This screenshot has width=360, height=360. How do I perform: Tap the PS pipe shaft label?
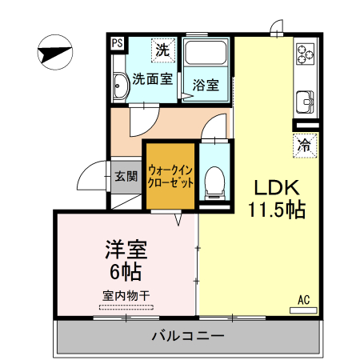click(x=118, y=44)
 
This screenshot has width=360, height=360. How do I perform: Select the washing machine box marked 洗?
click(x=162, y=49)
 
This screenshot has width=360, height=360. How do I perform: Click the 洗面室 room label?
click(x=152, y=79)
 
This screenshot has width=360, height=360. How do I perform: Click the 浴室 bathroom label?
click(x=206, y=85)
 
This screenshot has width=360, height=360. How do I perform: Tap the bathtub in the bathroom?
click(x=207, y=56)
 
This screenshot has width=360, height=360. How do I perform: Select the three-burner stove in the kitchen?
click(x=305, y=54)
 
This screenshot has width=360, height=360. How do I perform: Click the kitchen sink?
click(x=305, y=102)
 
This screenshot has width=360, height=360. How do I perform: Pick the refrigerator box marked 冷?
click(x=305, y=146)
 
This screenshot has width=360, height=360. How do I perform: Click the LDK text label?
click(x=276, y=189)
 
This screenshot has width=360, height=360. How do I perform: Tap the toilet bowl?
click(x=214, y=181)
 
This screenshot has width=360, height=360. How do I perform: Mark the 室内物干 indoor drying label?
click(x=126, y=295)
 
